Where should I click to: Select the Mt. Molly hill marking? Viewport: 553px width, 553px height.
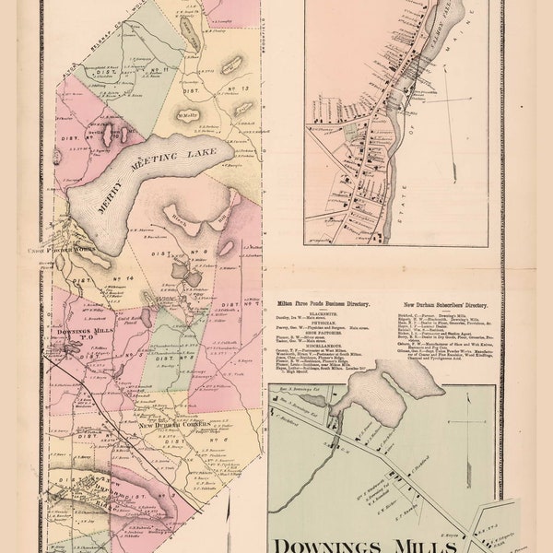click(x=188, y=115)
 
